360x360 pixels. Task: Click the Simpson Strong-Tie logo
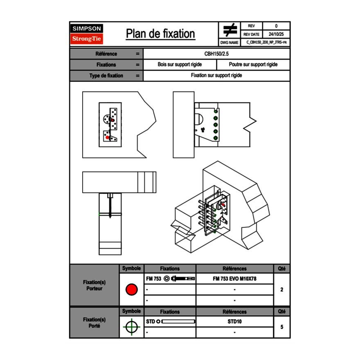87,34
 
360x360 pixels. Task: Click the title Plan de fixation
160,34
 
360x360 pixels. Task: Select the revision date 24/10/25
276,34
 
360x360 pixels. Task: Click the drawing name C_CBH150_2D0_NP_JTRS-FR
266,42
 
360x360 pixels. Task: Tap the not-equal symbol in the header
230,30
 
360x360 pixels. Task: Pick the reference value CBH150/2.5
217,54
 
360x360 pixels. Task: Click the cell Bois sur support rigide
180,65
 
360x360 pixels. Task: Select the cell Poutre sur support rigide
253,65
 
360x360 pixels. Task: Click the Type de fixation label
106,76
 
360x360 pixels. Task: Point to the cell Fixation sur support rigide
216,76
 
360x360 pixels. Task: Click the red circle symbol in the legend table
131,290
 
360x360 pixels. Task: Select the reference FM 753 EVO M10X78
234,279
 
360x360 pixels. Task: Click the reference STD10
234,322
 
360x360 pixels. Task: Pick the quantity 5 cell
281,327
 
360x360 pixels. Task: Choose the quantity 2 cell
281,290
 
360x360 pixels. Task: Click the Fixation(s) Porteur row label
94,285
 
